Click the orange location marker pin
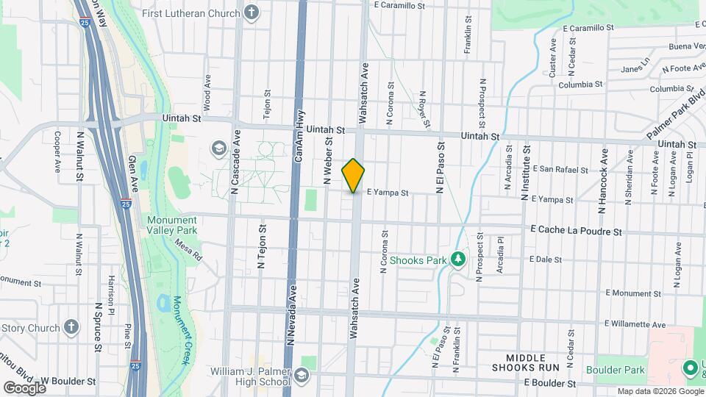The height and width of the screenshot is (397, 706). click(x=354, y=176)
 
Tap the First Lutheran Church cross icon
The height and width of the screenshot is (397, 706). click(x=252, y=12)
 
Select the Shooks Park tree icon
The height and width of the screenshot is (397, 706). click(x=458, y=260)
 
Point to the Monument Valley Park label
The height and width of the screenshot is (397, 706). click(x=171, y=225)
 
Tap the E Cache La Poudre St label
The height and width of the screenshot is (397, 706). click(x=577, y=231)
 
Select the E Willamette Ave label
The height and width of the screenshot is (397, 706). click(x=635, y=323)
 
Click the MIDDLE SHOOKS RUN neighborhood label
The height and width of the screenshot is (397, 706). click(x=524, y=361)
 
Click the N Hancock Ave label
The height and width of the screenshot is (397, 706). click(x=603, y=180)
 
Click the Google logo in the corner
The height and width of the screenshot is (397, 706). click(x=24, y=387)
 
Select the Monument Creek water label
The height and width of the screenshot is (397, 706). click(x=181, y=330)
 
